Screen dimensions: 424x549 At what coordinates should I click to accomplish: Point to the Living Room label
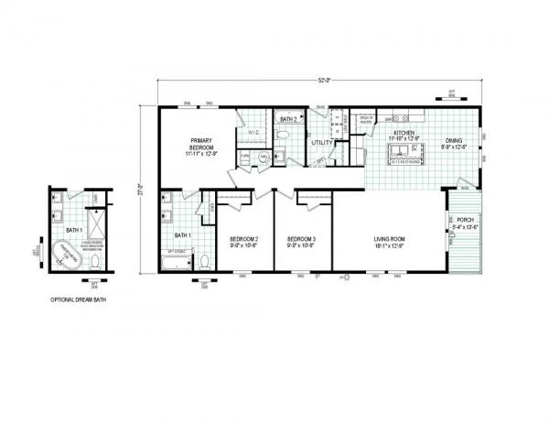pyautogui.click(x=389, y=239)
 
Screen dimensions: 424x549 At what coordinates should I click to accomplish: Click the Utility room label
pyautogui.click(x=322, y=143)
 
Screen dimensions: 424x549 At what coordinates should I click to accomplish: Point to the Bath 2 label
pyautogui.click(x=285, y=119)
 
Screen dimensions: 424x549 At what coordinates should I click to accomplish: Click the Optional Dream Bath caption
pyautogui.click(x=77, y=300)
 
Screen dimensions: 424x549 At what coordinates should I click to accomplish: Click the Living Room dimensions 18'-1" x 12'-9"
pyautogui.click(x=389, y=246)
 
